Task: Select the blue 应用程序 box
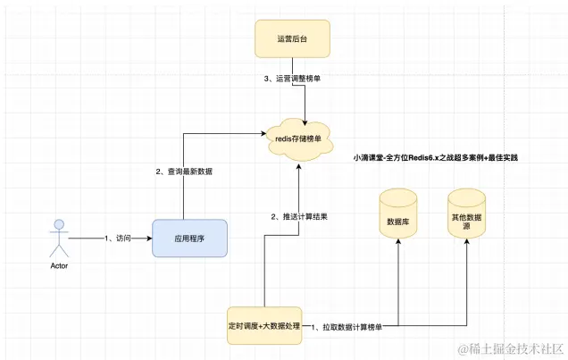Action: tap(189, 239)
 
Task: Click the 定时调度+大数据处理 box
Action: tap(263, 327)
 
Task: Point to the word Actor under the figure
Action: tap(58, 265)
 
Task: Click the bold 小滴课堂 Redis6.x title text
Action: tap(437, 157)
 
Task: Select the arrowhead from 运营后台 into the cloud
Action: tap(306, 116)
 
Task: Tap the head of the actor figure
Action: tap(58, 223)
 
